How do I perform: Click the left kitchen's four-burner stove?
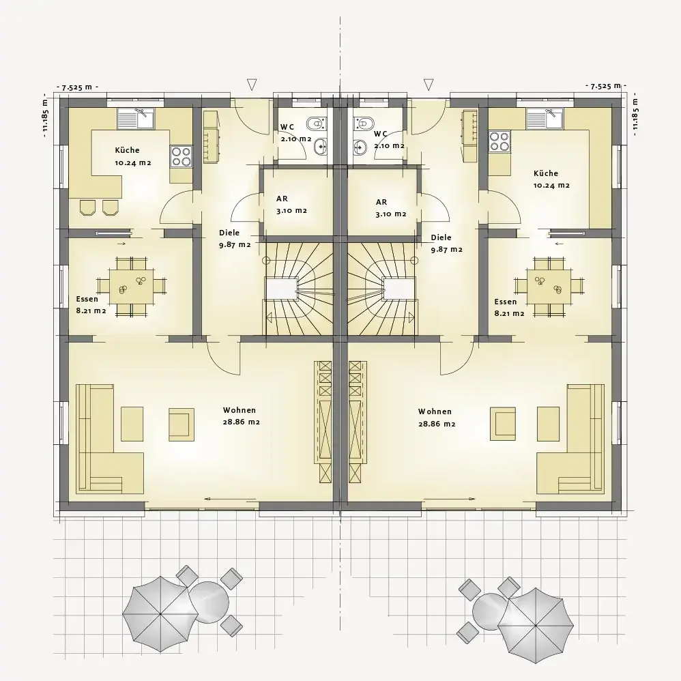182,156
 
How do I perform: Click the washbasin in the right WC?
360,147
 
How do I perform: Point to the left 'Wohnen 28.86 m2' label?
242,416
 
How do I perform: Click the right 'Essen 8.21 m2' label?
509,308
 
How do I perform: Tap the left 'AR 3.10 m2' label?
291,205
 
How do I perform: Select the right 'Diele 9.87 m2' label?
446,244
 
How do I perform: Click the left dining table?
132,286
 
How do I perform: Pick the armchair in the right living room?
502,424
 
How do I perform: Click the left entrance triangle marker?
252,84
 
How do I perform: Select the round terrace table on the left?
209,601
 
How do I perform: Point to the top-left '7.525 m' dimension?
77,87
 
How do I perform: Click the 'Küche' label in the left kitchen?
127,150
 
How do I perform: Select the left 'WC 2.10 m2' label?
295,133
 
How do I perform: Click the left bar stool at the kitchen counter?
88,207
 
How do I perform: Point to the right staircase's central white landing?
397,289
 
